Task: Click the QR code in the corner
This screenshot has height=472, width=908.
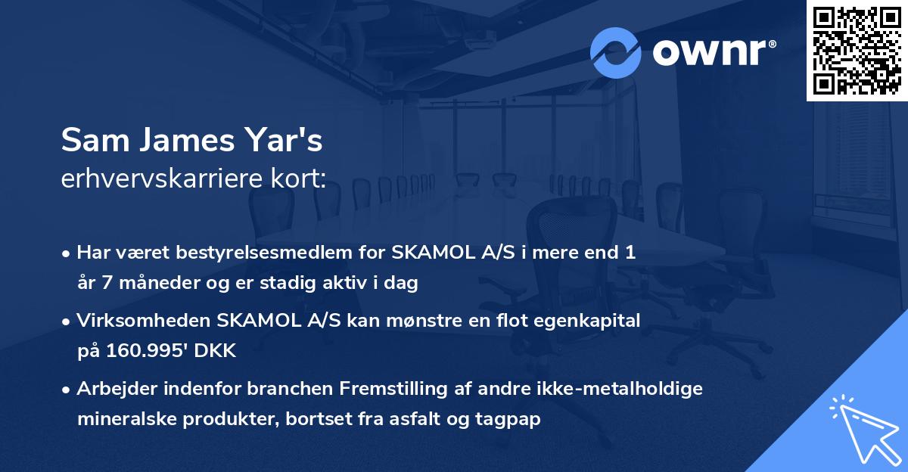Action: [857, 50]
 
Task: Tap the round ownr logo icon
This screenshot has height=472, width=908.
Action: [616, 52]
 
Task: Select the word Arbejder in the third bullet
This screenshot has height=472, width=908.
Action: [110, 390]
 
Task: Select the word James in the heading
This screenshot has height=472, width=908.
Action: [181, 141]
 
